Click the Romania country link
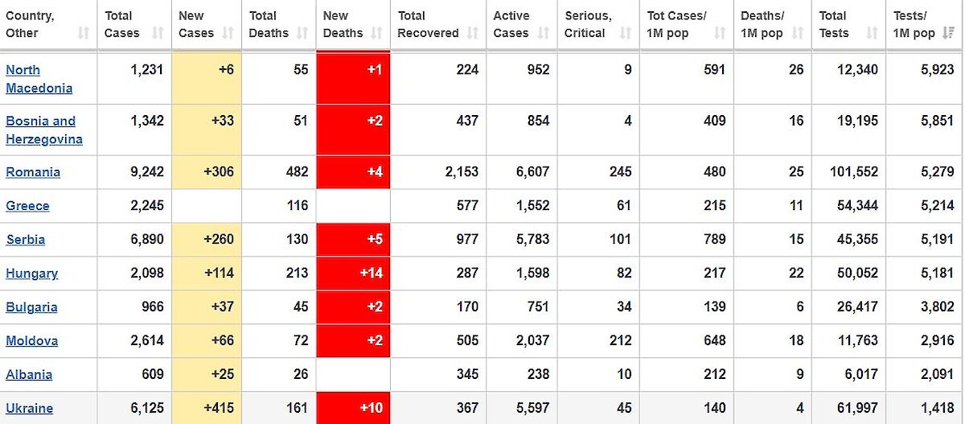point(33,172)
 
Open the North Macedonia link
point(39,79)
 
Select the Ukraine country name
point(30,408)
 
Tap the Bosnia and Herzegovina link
point(43,130)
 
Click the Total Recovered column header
point(429,24)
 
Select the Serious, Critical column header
point(588,24)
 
